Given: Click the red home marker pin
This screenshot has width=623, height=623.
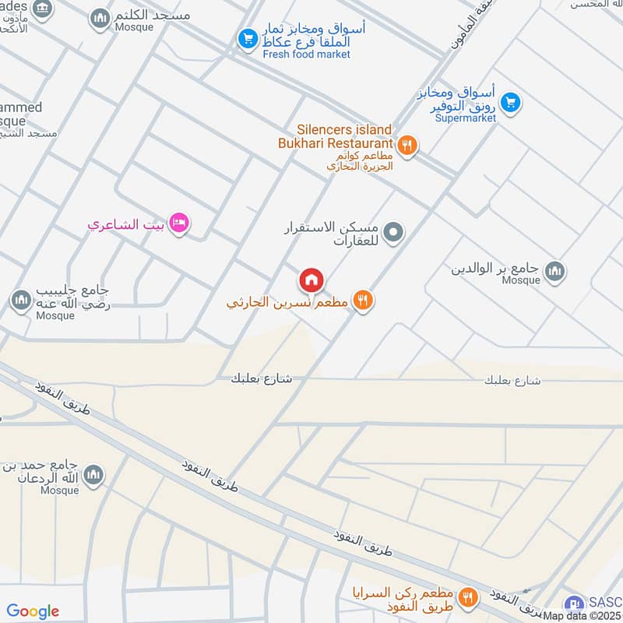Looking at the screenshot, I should (x=311, y=279).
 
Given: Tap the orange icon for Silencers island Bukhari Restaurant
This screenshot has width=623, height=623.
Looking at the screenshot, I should (x=407, y=144).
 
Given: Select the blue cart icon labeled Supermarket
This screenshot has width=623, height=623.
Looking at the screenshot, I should (x=510, y=102).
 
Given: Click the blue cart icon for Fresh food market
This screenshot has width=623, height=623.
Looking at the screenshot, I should (x=248, y=38).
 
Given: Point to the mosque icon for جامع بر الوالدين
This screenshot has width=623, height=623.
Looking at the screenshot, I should (x=554, y=271).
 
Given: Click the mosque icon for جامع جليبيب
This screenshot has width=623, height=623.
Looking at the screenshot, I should (x=20, y=300).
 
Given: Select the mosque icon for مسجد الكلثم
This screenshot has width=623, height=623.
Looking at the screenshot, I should (x=100, y=17).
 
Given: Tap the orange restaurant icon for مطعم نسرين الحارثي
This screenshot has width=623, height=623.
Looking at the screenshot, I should (x=362, y=301).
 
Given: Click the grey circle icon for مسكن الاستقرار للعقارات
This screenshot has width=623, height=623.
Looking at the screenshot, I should (x=394, y=231).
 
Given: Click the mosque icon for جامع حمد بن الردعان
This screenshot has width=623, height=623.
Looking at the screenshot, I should (x=93, y=474).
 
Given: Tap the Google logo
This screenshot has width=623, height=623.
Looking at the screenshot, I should (x=33, y=611).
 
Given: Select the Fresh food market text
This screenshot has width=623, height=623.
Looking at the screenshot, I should (x=307, y=55).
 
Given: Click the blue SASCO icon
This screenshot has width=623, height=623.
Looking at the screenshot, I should (x=574, y=602).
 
